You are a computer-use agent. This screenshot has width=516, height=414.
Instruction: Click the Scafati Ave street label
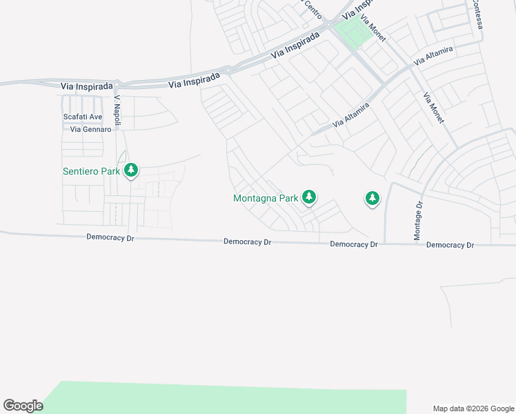coord(82,117)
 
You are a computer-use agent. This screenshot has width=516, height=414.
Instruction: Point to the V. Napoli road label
coord(117,110)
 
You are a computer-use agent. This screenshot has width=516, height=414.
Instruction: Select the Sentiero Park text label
coord(91,171)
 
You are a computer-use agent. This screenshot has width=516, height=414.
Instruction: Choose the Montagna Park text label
coord(266,199)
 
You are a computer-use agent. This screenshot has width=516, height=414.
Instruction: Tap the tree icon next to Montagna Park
coord(310,198)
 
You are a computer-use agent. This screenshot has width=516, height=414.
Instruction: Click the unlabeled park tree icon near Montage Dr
coord(372,199)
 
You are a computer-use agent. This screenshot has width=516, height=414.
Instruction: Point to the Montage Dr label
coord(418,221)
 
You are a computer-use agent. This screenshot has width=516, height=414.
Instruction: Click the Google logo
coord(23,406)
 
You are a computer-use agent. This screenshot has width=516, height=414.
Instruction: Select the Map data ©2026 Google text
coord(473,408)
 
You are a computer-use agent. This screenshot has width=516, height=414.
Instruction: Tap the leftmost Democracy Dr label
coord(110,237)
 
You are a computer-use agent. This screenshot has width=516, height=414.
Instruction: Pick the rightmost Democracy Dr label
coord(450,245)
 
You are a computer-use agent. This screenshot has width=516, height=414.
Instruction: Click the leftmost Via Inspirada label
coord(86,86)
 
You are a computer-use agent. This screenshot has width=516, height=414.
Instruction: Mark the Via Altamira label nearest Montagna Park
coord(351,115)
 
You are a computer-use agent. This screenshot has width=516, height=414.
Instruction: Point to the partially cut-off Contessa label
coord(477,14)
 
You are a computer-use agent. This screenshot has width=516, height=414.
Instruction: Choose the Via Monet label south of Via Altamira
coord(434,108)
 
